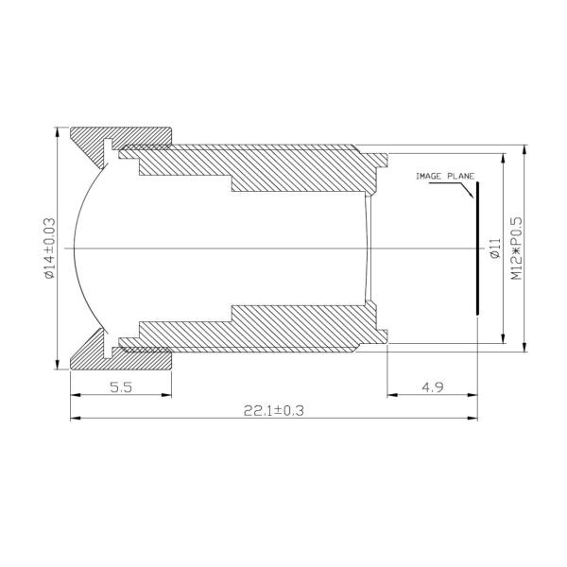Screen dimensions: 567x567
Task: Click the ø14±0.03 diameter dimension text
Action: point(49,249)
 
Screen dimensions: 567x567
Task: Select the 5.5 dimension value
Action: point(120,387)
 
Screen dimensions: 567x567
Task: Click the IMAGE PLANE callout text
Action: point(445,177)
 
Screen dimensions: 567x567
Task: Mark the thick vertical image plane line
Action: point(477,248)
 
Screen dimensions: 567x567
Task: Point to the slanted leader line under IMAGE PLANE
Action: point(466,190)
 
